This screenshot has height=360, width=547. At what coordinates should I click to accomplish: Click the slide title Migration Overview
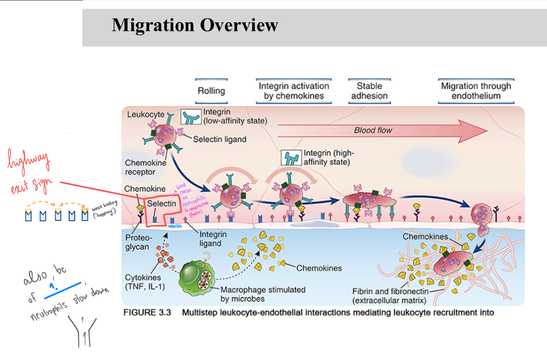[195, 25]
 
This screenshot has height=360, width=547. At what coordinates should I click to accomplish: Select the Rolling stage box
[211, 91]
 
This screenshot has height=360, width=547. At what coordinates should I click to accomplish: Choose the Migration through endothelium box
[476, 91]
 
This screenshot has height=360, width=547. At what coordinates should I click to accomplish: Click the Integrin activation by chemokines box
[294, 91]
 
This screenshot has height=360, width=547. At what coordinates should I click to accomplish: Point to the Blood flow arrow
[382, 130]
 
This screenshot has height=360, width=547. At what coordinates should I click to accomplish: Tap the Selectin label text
[162, 204]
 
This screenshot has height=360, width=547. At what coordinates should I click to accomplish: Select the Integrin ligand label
[213, 239]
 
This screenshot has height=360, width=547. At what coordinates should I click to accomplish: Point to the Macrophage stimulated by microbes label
[263, 294]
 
